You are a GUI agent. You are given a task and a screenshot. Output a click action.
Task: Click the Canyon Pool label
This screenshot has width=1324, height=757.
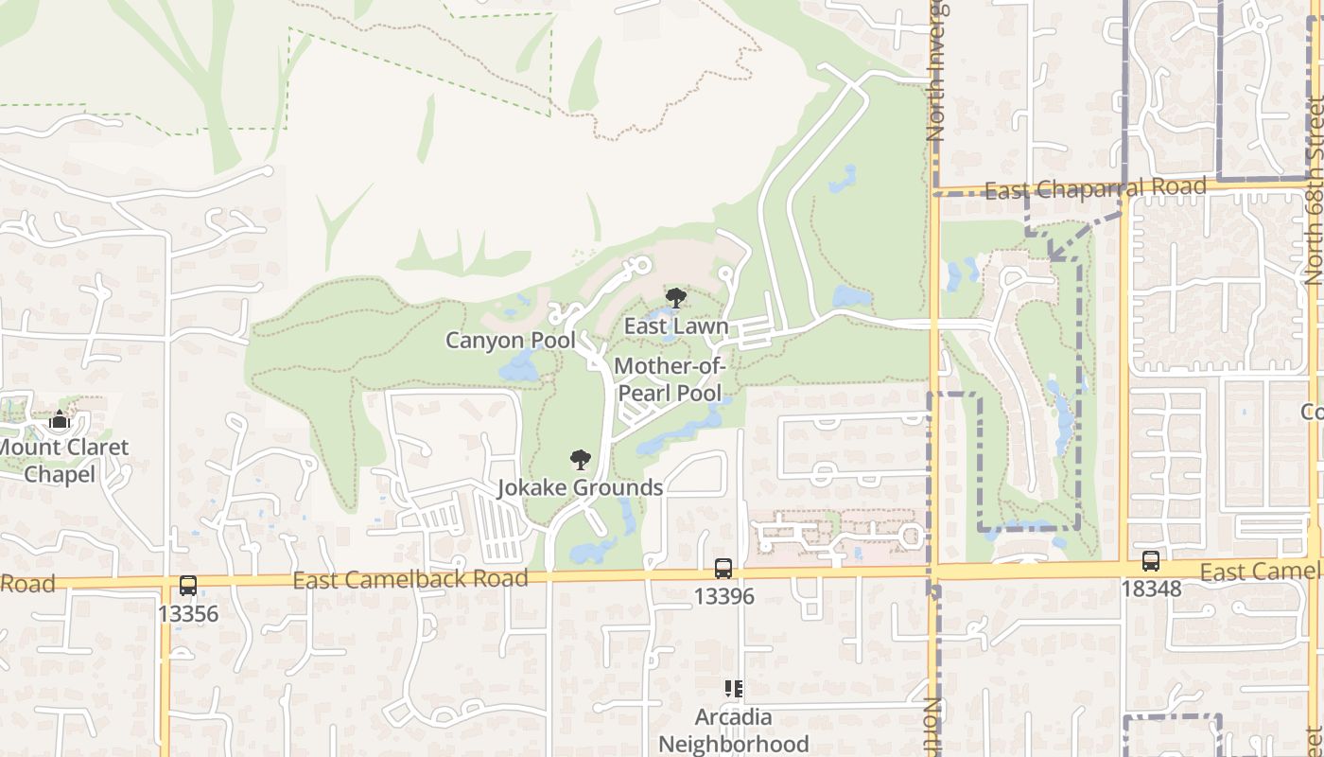[x=511, y=340]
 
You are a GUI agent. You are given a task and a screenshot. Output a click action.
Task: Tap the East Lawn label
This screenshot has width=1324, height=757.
[x=675, y=326]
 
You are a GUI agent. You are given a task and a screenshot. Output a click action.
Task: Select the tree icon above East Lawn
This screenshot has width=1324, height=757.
[x=675, y=299]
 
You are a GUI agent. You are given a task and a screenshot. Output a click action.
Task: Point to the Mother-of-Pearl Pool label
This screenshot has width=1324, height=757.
[x=669, y=379]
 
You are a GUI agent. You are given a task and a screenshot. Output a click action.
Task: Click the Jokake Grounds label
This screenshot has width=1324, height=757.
[x=581, y=488]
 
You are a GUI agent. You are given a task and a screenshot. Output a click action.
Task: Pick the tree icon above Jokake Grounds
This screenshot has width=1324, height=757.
[x=581, y=461]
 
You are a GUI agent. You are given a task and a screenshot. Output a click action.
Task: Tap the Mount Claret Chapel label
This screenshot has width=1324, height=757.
[x=62, y=460]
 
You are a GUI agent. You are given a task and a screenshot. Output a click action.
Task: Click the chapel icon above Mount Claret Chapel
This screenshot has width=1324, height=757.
[x=60, y=420]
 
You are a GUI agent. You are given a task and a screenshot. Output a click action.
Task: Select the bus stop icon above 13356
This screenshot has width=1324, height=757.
[x=188, y=586]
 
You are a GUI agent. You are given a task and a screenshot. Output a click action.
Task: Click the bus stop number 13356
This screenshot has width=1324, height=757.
[x=188, y=614]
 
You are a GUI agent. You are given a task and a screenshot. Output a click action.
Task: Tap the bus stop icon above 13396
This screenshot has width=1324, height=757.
[x=723, y=569]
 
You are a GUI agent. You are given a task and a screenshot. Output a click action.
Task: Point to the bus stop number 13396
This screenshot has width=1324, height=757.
[x=723, y=596]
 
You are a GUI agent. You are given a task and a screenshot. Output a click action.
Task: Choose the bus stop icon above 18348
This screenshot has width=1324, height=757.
[x=1150, y=560]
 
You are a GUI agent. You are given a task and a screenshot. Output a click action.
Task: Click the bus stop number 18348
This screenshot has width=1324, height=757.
[x=1151, y=589]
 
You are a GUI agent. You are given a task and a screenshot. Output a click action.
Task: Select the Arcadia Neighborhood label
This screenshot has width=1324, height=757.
[x=734, y=731]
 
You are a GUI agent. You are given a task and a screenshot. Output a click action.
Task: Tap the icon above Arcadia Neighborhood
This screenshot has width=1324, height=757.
[x=734, y=689]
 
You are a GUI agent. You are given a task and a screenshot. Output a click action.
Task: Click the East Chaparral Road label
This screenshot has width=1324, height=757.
[x=1095, y=189]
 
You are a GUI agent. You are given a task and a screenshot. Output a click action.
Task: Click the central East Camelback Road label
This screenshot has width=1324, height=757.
[x=409, y=579]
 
